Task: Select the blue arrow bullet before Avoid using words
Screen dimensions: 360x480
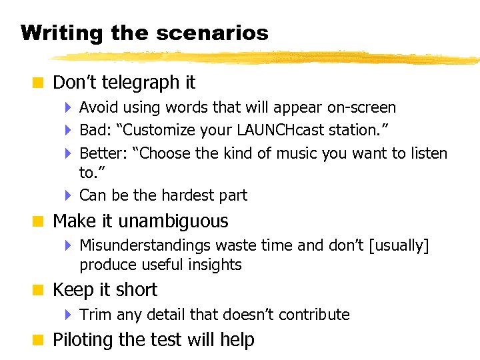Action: tap(69, 107)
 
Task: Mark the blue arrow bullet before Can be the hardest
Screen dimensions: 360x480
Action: tap(69, 195)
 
